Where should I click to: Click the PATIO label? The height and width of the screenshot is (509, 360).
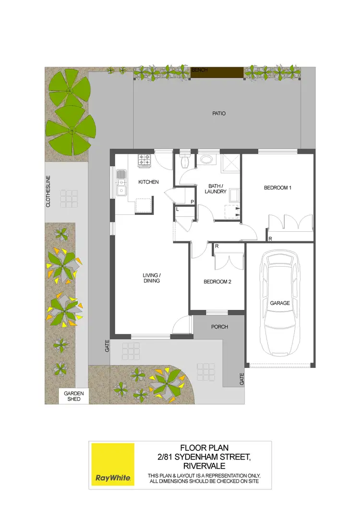(218, 114)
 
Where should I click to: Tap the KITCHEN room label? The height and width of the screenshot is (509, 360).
(148, 182)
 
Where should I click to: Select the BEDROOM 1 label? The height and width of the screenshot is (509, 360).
(277, 188)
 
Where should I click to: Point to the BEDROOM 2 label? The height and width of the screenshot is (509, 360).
(217, 282)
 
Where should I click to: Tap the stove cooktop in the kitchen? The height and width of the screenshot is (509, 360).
(144, 160)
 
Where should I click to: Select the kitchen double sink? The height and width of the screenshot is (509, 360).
(122, 183)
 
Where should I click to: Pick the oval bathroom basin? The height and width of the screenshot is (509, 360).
(207, 160)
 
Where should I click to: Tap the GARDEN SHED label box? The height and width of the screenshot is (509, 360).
(74, 397)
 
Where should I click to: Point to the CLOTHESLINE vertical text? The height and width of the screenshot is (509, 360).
(48, 191)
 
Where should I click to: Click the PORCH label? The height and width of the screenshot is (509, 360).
(219, 327)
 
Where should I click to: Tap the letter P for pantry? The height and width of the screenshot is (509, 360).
(192, 202)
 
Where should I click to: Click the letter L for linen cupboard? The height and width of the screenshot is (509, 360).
(177, 210)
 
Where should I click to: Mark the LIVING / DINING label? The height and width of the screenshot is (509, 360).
(151, 278)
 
